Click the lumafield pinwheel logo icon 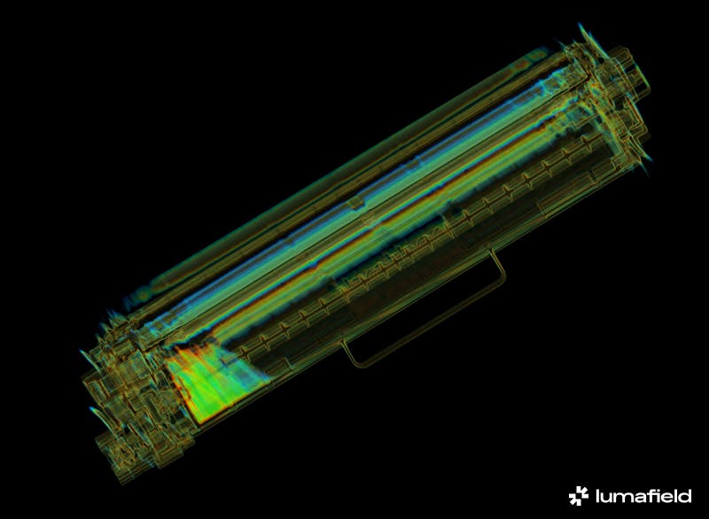tap(579, 495)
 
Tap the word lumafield tap(643, 495)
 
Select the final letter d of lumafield tap(685, 495)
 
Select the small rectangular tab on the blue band tap(357, 204)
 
